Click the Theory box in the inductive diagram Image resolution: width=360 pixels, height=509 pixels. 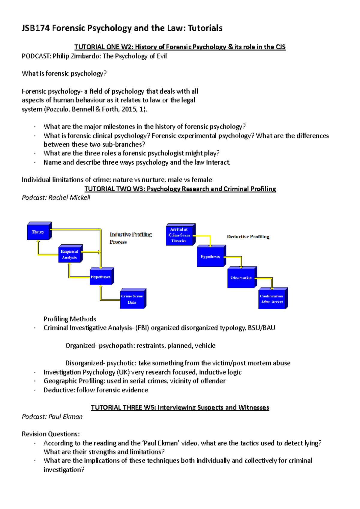point(38,232)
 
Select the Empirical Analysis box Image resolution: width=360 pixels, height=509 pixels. point(70,255)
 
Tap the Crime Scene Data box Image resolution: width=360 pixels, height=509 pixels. point(132,299)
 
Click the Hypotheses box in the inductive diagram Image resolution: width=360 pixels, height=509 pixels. point(101,277)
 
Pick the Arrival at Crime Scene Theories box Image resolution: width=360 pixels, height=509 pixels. point(179,235)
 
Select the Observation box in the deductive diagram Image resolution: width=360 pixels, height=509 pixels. point(241,278)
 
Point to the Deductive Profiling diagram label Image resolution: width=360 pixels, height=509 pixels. point(248,237)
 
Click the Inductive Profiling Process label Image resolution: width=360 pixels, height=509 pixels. point(130,238)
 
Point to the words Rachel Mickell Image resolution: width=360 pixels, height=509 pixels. point(69,198)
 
